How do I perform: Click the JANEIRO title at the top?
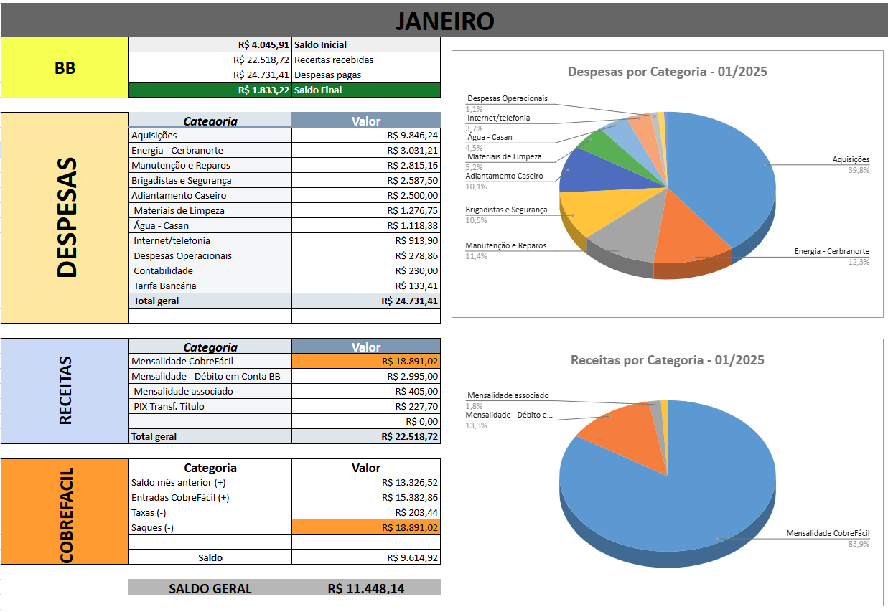tap(444, 21)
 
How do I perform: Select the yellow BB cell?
tap(65, 68)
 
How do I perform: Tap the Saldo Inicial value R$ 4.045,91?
tap(263, 44)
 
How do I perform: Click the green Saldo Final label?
tap(318, 90)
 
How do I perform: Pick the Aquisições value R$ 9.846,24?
tap(412, 135)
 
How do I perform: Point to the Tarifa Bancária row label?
tap(165, 286)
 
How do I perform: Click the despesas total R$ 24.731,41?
tap(409, 301)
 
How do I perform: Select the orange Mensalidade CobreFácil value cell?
tap(366, 361)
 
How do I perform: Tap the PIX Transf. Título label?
tap(169, 406)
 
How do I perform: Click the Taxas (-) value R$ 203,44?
tap(416, 512)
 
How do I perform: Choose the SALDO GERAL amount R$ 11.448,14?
tap(365, 588)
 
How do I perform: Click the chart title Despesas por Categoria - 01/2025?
tap(667, 72)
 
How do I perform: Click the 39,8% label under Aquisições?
tap(860, 170)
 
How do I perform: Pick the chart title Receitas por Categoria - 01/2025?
tap(667, 360)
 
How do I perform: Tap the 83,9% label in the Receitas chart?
tap(860, 544)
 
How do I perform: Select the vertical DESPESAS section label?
tap(66, 217)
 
